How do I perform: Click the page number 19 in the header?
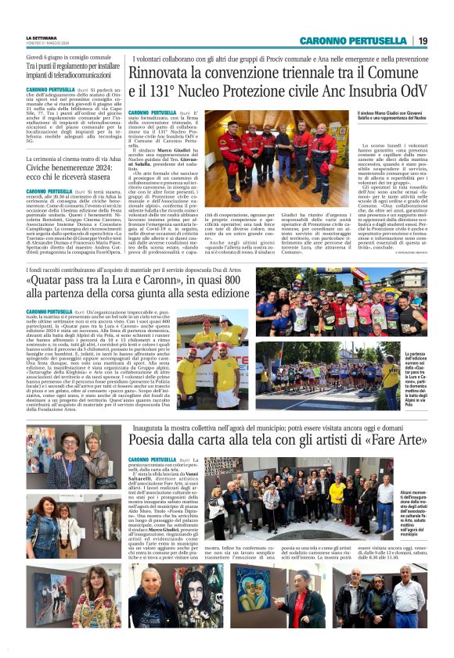tap(422, 41)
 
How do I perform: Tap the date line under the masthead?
tap(49, 44)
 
